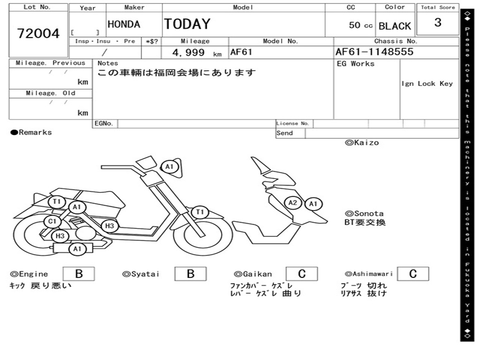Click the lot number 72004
coord(38,33)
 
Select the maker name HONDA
coord(124,24)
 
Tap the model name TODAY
coord(187,24)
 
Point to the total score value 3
coord(438,22)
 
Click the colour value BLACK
coord(395,26)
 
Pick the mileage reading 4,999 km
coord(196,53)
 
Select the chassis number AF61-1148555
coord(374,52)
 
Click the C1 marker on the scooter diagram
coord(52,221)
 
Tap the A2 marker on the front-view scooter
coord(292,203)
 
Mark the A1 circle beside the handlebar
coord(169,166)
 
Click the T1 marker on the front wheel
coord(200,212)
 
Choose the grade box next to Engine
coord(79,274)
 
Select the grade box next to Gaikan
coord(301,274)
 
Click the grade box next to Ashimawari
coord(412,274)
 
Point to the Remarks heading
coord(31,133)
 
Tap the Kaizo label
coord(362,142)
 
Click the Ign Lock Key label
coord(427,83)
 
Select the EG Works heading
coord(356,64)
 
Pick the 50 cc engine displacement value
coord(360,25)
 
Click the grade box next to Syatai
coord(190,274)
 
